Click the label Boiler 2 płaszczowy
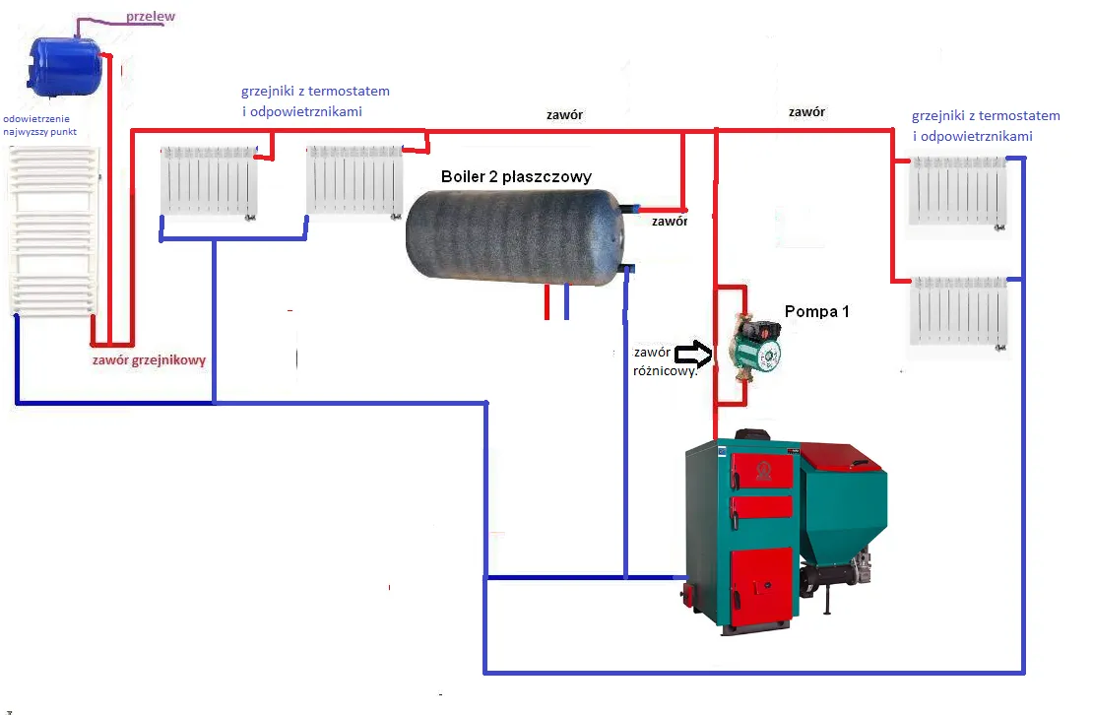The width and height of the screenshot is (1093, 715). point(516,176)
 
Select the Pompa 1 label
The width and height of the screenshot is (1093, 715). point(816,312)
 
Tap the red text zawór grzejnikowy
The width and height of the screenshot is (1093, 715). point(149,360)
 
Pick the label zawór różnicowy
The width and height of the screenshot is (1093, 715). point(666,361)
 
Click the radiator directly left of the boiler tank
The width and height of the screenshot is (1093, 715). point(354,178)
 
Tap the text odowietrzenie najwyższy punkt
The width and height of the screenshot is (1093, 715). point(41,123)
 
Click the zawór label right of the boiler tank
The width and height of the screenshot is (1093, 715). point(670,222)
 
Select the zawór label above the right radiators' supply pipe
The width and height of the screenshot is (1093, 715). point(806,112)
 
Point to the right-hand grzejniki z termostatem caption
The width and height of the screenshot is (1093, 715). point(985,125)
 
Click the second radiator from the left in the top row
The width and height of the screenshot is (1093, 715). point(354,178)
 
